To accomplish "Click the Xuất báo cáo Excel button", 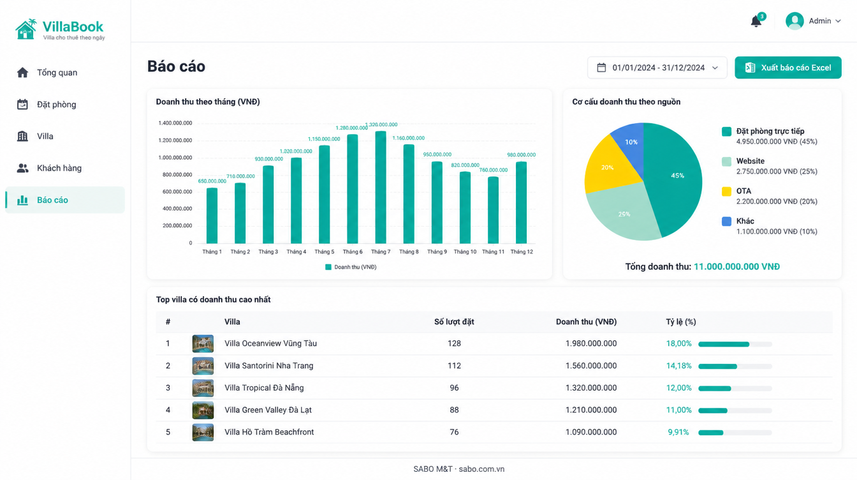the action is pyautogui.click(x=787, y=68).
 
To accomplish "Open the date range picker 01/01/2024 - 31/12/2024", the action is pyautogui.click(x=657, y=68).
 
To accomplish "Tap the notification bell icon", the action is pyautogui.click(x=756, y=21).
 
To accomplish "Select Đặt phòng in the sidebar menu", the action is pyautogui.click(x=56, y=104).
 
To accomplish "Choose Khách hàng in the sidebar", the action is pyautogui.click(x=59, y=168).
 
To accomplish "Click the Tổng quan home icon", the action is pyautogui.click(x=22, y=72).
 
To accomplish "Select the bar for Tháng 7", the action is pyautogui.click(x=380, y=187).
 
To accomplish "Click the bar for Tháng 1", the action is pyautogui.click(x=212, y=216).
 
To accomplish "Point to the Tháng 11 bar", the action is pyautogui.click(x=493, y=210).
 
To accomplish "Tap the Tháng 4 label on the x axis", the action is pyautogui.click(x=296, y=251).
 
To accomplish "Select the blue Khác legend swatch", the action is pyautogui.click(x=726, y=221).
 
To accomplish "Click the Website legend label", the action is pyautogui.click(x=751, y=161).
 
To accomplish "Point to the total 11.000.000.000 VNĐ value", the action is pyautogui.click(x=736, y=267).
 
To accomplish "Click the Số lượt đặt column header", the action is pyautogui.click(x=454, y=322).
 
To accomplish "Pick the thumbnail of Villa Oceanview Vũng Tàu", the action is pyautogui.click(x=203, y=343).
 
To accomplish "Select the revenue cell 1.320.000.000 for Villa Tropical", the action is pyautogui.click(x=591, y=387).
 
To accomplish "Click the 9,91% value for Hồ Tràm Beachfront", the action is pyautogui.click(x=678, y=432).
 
